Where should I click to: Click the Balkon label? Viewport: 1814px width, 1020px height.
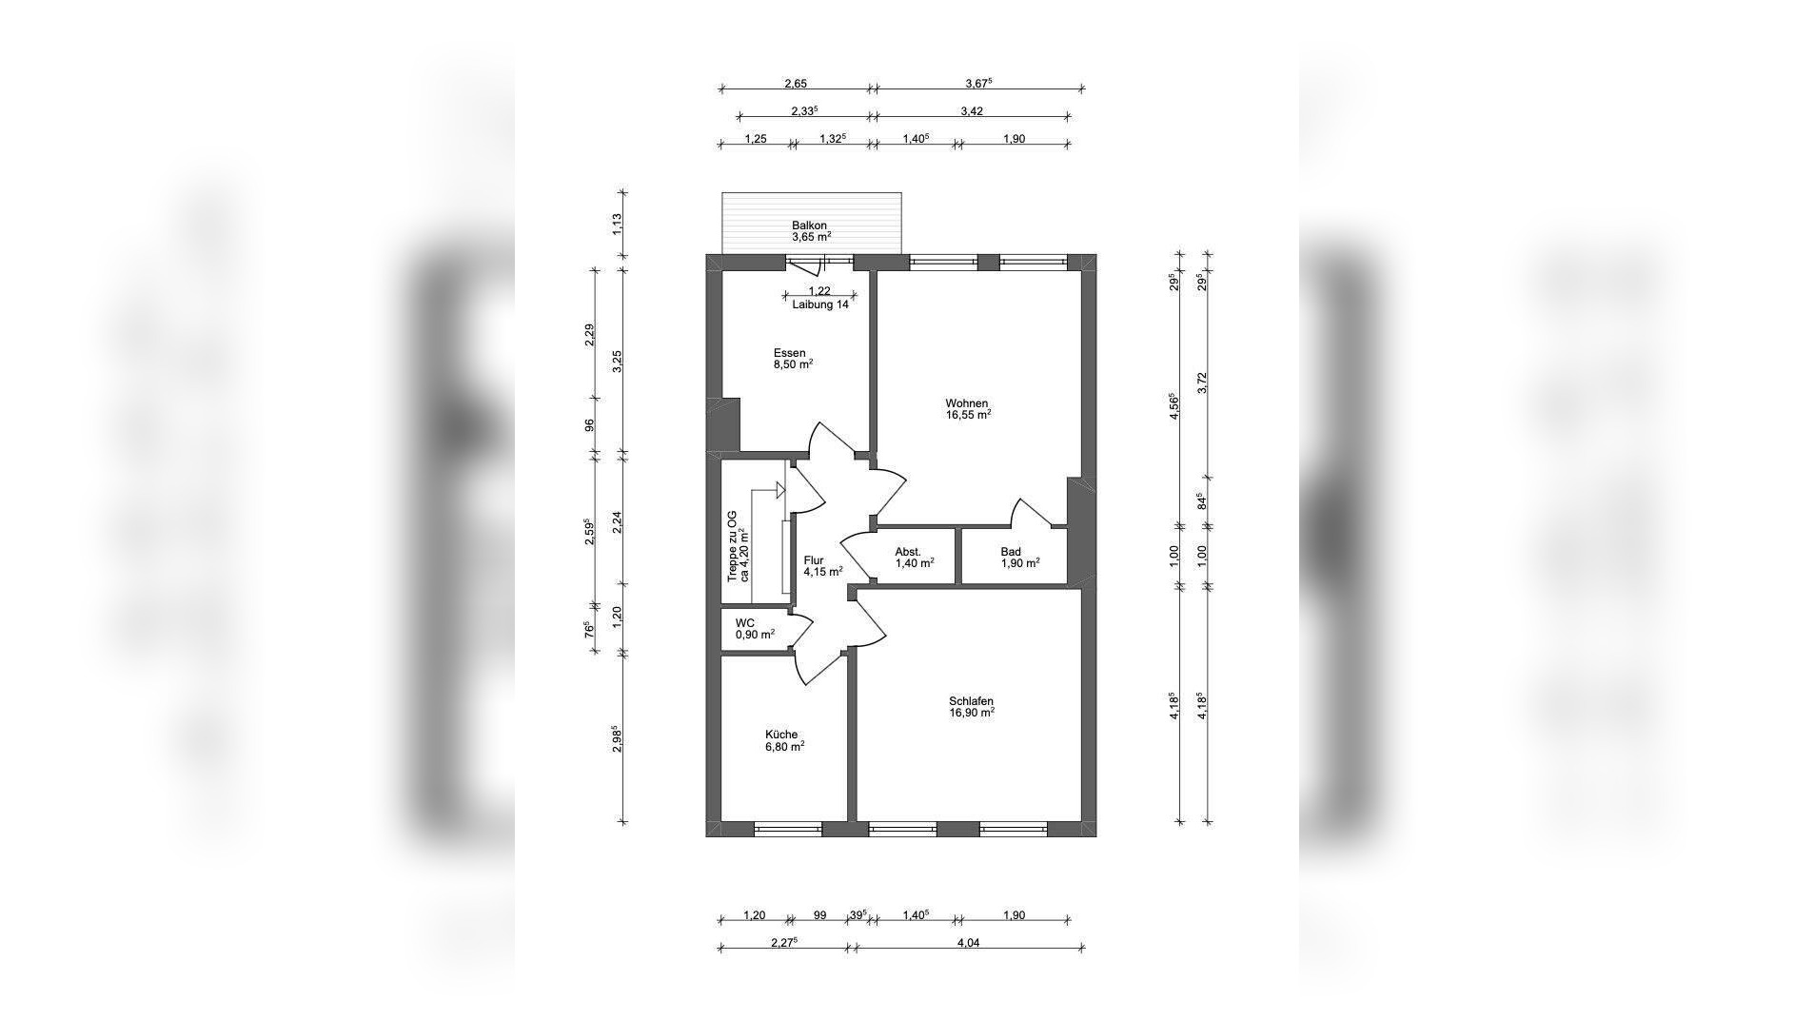tap(809, 226)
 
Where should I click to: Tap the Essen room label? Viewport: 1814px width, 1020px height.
tap(789, 353)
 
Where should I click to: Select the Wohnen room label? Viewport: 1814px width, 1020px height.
tap(966, 402)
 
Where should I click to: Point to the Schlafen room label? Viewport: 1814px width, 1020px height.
tap(971, 701)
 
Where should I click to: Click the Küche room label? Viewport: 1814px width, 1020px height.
tap(781, 735)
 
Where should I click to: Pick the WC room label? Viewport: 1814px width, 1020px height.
tap(744, 622)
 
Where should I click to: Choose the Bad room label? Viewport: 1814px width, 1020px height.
tap(1011, 552)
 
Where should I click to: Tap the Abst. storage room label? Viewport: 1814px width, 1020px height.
tap(908, 552)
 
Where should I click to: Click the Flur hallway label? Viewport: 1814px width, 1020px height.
tap(814, 560)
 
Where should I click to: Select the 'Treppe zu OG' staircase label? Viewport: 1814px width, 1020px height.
tap(731, 545)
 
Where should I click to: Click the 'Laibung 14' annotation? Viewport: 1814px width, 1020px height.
tap(819, 304)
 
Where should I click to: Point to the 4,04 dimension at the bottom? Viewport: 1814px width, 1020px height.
tap(968, 943)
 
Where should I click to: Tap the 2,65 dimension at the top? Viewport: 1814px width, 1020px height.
tap(796, 84)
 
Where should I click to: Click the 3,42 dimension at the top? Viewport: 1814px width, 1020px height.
tap(972, 111)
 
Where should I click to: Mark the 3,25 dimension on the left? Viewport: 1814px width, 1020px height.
tap(617, 361)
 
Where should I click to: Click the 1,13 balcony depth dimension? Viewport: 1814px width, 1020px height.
tap(617, 225)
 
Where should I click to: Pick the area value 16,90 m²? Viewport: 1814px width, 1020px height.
tap(971, 713)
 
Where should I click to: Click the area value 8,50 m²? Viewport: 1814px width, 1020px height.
tap(792, 363)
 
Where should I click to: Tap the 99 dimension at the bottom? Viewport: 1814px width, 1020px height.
tap(819, 915)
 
